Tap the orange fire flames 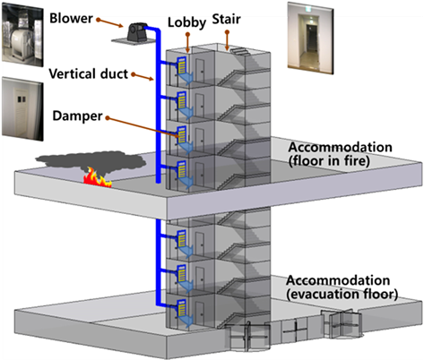[x=95, y=183]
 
